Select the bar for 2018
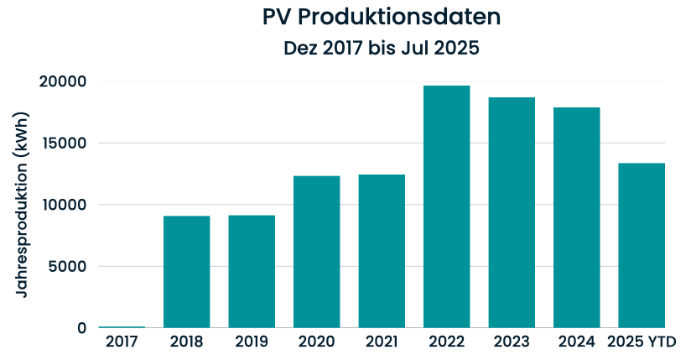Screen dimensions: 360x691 click(186, 272)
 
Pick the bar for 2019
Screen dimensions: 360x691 click(252, 272)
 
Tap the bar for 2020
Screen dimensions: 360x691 click(316, 252)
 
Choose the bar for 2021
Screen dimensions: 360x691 click(382, 252)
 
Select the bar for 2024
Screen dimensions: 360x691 click(576, 217)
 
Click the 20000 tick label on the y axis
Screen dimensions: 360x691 click(63, 81)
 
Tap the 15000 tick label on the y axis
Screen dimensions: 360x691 click(63, 143)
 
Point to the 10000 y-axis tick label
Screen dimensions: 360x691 click(63, 205)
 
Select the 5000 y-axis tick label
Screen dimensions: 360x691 click(67, 267)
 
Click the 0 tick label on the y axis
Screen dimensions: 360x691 click(81, 328)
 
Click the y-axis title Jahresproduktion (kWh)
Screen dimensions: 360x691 click(23, 205)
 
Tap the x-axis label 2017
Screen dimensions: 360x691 click(122, 342)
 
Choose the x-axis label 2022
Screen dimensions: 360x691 click(446, 342)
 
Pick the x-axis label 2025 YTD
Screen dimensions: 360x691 click(642, 342)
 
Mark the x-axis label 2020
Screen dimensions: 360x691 click(316, 342)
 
